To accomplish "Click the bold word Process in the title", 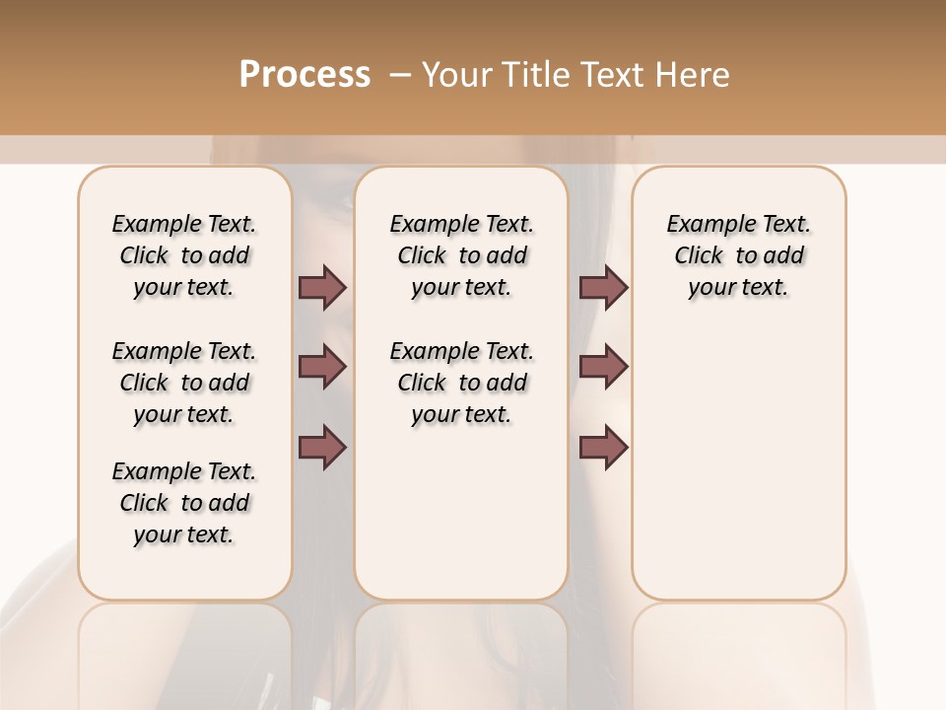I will (304, 75).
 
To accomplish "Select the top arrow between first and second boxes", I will (322, 287).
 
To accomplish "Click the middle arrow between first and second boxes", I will (322, 368).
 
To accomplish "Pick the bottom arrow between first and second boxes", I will (322, 447).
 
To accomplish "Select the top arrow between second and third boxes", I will (603, 287).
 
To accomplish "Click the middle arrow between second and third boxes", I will (603, 368).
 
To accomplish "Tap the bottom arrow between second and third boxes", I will (603, 447).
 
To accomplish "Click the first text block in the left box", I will (184, 255).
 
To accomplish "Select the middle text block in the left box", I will (184, 383).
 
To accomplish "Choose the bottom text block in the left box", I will (184, 503).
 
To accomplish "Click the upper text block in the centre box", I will (461, 255).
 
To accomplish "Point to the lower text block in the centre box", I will (461, 383).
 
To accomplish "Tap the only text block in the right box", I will (739, 255).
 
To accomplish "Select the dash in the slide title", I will (399, 75).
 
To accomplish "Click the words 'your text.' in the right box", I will (739, 288).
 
